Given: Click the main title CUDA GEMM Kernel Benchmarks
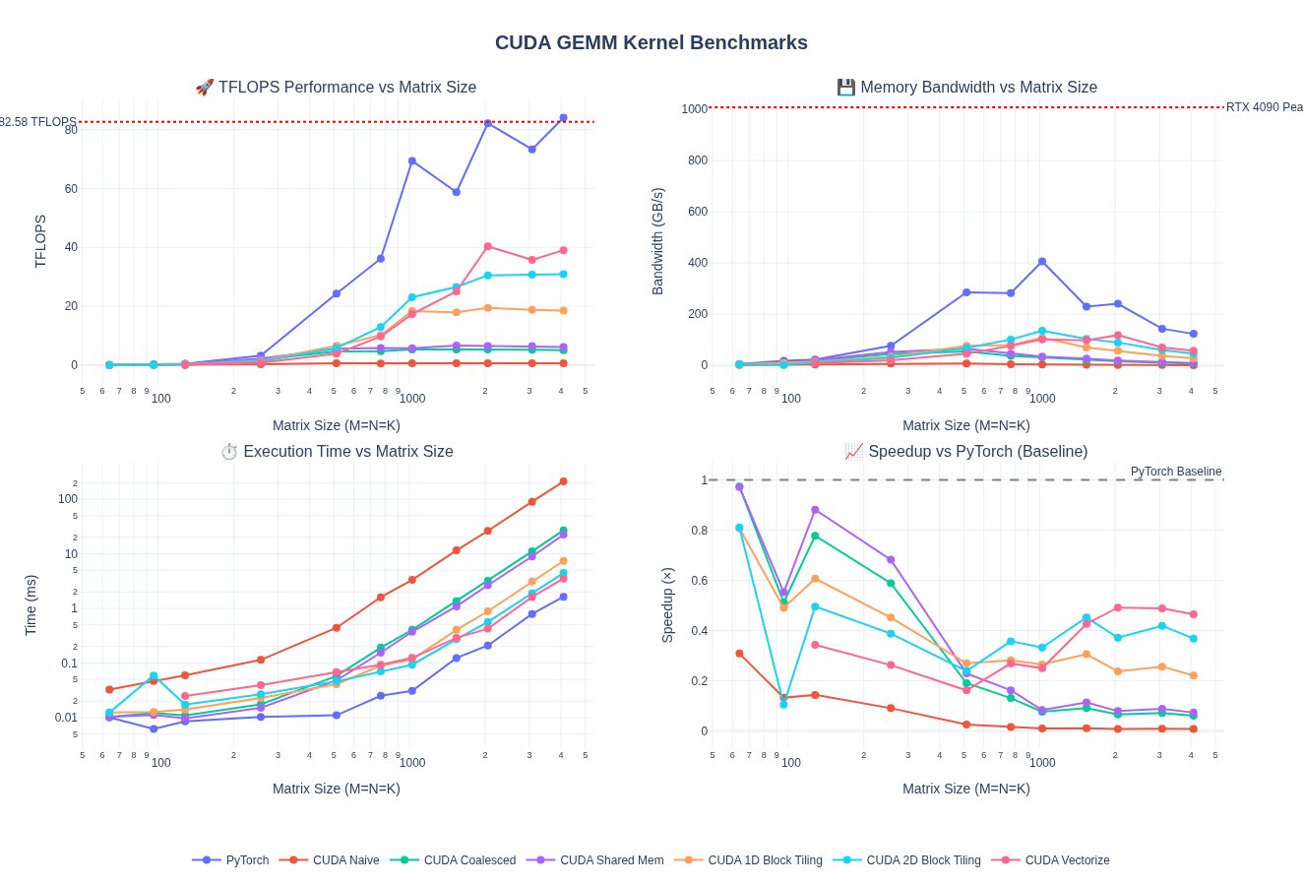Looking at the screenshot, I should [651, 42].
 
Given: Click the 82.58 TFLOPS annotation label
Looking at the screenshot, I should [37, 122].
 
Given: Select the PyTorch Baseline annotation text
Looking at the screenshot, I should [1175, 472].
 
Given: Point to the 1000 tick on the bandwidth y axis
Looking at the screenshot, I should [694, 109].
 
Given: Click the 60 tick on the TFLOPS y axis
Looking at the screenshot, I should [71, 189].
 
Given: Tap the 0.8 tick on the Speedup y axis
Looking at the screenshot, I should [698, 531].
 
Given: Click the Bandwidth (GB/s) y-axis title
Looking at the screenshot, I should [657, 241].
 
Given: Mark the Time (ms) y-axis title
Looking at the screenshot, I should [31, 605].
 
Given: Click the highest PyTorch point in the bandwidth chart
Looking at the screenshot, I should [1042, 262].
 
